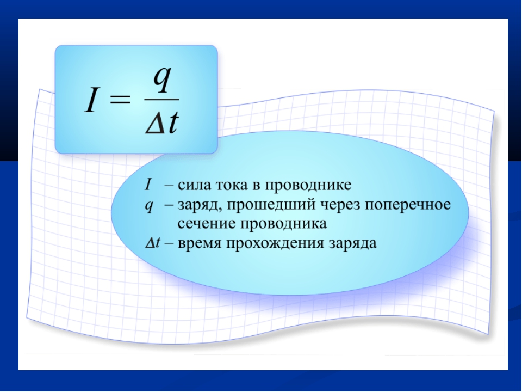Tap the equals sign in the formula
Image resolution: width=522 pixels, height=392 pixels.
tap(120, 99)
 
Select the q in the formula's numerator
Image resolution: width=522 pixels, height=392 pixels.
tap(162, 79)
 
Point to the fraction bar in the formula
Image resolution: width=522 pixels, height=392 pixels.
tap(162, 99)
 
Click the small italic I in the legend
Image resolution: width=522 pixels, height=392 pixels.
tap(148, 185)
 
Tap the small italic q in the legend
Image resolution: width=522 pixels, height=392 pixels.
tap(149, 206)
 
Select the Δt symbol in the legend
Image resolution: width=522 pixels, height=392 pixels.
tap(153, 243)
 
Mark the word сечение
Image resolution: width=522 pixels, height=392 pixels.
tap(207, 224)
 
